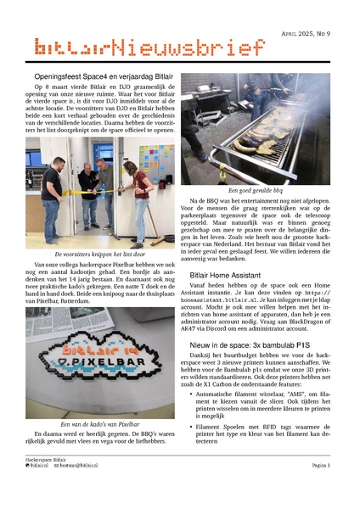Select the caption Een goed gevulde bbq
click(x=256, y=191)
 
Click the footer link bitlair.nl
click(x=40, y=489)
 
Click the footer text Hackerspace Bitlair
click(x=46, y=481)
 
